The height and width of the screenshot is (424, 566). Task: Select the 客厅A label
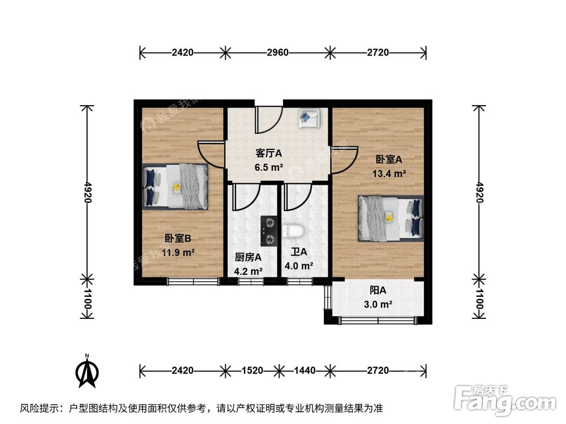click(268, 153)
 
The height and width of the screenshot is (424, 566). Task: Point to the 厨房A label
click(248, 257)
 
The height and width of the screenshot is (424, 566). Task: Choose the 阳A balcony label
click(378, 291)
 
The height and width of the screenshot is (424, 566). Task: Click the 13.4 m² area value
click(389, 174)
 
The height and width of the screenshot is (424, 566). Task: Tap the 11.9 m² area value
click(179, 252)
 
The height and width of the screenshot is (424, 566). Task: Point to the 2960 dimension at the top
click(278, 53)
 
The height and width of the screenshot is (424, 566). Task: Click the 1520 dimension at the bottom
click(252, 371)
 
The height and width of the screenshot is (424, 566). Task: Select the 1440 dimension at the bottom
click(305, 371)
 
